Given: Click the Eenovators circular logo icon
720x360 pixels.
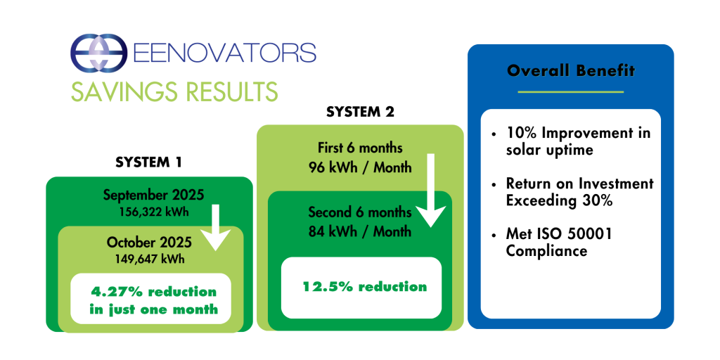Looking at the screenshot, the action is tap(98, 53).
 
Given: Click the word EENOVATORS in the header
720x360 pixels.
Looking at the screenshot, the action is tap(224, 53).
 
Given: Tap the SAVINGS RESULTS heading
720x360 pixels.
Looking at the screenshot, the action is tap(174, 91).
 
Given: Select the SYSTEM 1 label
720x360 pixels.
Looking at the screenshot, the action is tap(149, 162).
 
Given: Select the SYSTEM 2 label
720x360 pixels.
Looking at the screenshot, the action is tap(361, 112).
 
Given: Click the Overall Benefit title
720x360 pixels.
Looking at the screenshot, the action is tap(571, 71).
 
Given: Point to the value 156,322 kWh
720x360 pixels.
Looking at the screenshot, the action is tap(153, 212).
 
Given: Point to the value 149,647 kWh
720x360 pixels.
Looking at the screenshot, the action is tap(150, 259).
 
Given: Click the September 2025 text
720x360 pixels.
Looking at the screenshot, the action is tap(153, 195).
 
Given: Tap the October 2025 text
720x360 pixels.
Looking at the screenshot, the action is tap(150, 242).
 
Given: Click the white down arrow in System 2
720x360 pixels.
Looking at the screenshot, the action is tap(431, 191).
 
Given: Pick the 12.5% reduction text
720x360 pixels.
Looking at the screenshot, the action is tap(365, 287).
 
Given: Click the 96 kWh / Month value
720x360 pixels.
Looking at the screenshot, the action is tap(360, 167).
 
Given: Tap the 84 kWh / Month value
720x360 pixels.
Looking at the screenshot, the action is tap(360, 231).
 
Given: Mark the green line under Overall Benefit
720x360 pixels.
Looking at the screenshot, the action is tap(571, 92).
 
